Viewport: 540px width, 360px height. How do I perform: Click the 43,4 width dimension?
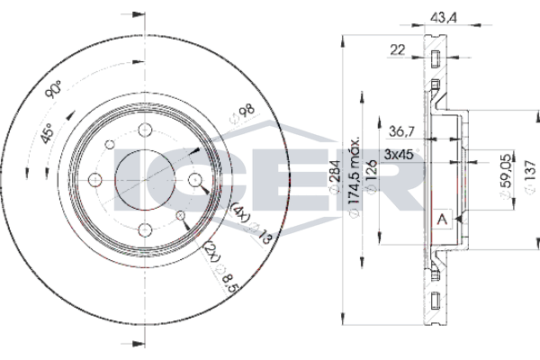443,18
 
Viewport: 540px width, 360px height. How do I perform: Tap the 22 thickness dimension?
398,50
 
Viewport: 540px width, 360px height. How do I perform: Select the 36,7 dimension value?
401,131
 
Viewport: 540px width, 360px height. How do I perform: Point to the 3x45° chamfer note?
401,154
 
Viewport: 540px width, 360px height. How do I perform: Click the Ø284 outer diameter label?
335,176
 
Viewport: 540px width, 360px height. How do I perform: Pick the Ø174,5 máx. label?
355,176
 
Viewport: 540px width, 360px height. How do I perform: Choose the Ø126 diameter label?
371,176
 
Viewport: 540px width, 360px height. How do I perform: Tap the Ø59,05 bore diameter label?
505,176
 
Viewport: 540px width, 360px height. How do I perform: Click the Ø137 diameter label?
530,176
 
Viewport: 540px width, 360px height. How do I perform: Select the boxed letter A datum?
442,219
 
